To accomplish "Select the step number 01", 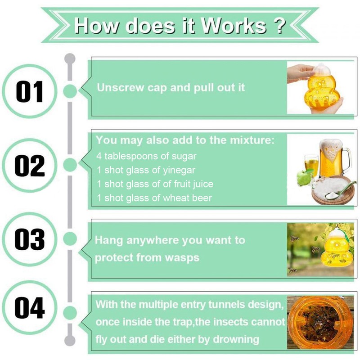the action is point(30,91).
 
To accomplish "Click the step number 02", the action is point(30,166).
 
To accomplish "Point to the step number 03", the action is point(30,239).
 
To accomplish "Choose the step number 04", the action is point(30,307).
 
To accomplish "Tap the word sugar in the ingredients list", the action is point(184,156).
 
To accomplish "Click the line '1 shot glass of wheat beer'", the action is point(154,198).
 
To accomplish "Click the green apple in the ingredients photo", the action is point(305,177).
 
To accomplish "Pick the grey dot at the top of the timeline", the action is point(70,58).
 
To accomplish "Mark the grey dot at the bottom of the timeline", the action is point(70,340).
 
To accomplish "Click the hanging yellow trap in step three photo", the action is point(336,250).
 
